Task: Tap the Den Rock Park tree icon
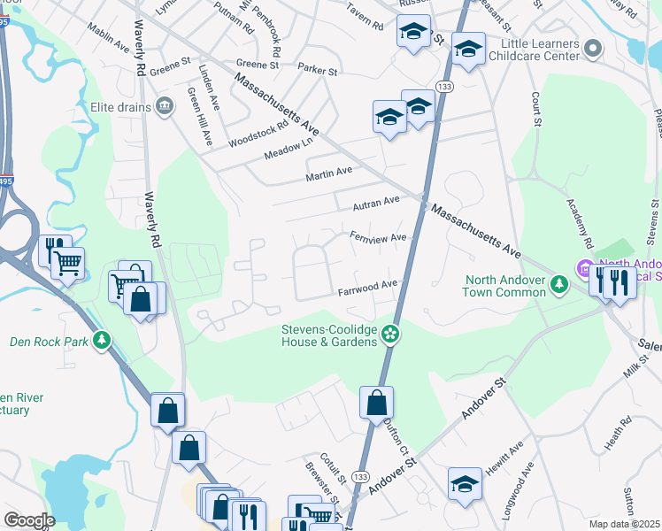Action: (103, 340)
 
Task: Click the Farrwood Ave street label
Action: (367, 288)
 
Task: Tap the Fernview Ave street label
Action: (377, 237)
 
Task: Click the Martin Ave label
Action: (328, 171)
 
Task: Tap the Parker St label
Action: (318, 70)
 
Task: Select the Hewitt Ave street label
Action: (512, 453)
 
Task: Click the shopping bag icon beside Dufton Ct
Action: (376, 404)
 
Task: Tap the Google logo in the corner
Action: (28, 520)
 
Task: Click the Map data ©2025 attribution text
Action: (625, 524)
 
